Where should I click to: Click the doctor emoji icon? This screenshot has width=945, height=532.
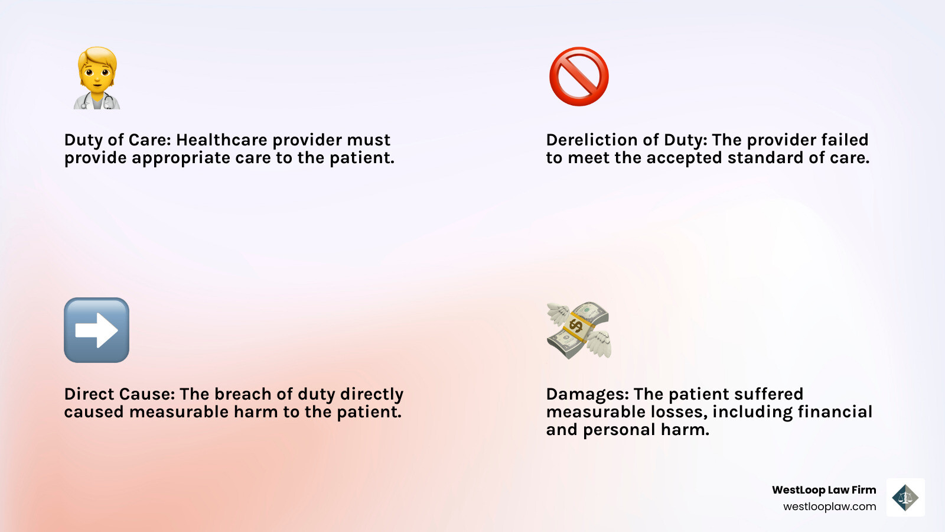97,78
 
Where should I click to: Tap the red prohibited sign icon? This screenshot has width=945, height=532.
579,77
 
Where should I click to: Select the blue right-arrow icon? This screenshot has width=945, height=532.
96,330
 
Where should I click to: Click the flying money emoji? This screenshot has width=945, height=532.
579,330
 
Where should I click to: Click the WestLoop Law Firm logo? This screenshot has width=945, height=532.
905,497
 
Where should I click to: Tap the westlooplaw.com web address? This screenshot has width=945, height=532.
829,507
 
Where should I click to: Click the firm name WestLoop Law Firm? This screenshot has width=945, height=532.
823,489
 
